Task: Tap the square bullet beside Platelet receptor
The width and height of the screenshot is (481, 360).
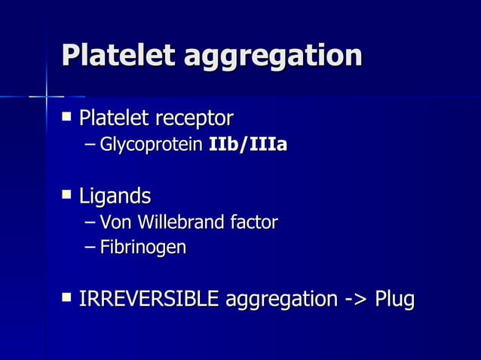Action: pos(67,117)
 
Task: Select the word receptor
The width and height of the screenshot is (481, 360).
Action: pos(194,119)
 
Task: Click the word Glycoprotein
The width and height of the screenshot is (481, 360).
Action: pos(152,144)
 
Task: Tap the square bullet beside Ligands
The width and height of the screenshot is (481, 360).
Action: pos(67,195)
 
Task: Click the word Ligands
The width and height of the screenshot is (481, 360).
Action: pos(115,197)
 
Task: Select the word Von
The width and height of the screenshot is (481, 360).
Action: pos(115,222)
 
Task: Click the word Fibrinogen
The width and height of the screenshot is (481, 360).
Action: pos(143,247)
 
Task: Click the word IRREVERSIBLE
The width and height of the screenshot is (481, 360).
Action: pos(149,299)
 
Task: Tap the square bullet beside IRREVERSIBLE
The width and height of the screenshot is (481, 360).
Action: pos(67,297)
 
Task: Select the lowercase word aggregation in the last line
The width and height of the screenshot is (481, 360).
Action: pos(279,301)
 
